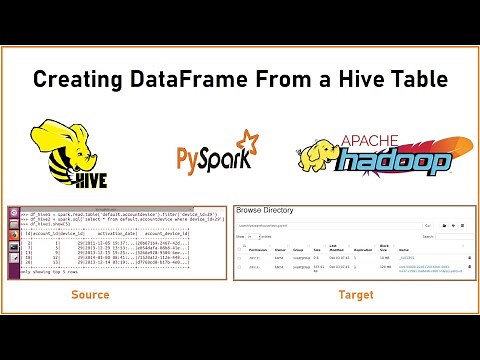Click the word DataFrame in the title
183,79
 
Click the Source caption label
89,296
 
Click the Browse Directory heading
269,213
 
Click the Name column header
407,246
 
